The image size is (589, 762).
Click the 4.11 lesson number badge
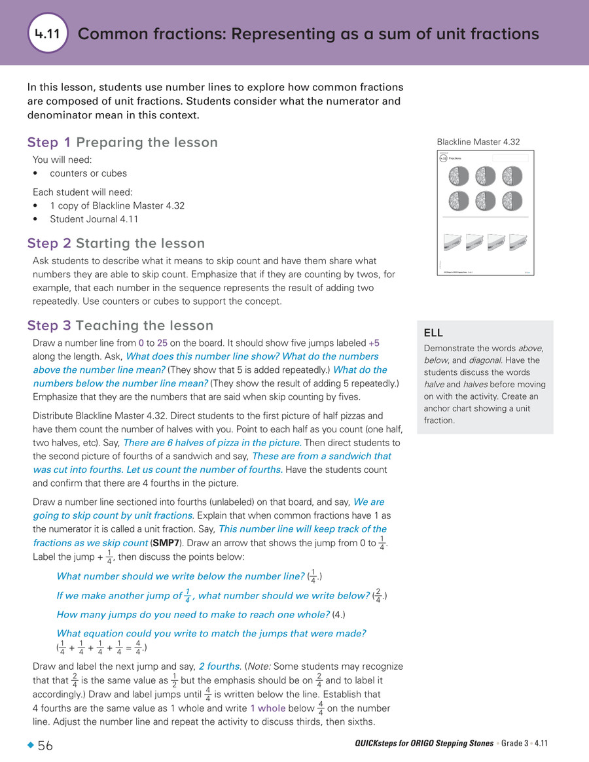tap(48, 33)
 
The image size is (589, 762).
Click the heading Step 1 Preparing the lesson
tap(122, 143)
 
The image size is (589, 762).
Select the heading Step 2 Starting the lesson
tap(116, 243)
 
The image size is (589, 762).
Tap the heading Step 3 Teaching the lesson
tap(120, 325)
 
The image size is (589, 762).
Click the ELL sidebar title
tap(433, 332)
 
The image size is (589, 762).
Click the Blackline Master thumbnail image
tap(485, 213)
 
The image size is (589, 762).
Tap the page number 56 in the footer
tap(45, 746)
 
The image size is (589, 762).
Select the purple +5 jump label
tap(374, 343)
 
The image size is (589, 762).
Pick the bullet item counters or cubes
tap(88, 173)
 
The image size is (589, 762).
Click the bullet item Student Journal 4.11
tap(94, 220)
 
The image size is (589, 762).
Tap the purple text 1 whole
tap(268, 709)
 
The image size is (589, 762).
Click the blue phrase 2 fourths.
tap(219, 667)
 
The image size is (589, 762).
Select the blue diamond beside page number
tap(30, 746)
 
